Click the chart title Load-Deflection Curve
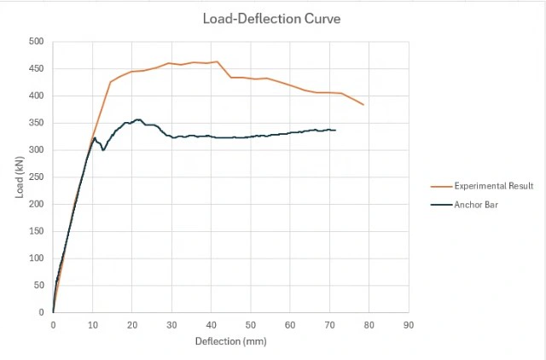pyautogui.click(x=270, y=18)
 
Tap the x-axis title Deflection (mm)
pyautogui.click(x=229, y=341)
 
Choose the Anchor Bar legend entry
pyautogui.click(x=474, y=204)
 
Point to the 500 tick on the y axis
pyautogui.click(x=37, y=41)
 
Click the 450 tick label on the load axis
pyautogui.click(x=37, y=68)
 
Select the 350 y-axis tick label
pyautogui.click(x=37, y=123)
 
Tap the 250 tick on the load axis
pyautogui.click(x=37, y=177)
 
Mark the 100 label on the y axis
pyautogui.click(x=37, y=258)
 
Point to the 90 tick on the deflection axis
pyautogui.click(x=408, y=325)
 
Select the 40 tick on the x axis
pyautogui.click(x=211, y=325)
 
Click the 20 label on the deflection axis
pyautogui.click(x=131, y=325)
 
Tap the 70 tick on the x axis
pyautogui.click(x=329, y=325)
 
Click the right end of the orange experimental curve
pyautogui.click(x=363, y=105)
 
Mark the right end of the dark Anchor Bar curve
pyautogui.click(x=335, y=130)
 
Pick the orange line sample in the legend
pyautogui.click(x=441, y=186)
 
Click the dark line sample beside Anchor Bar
pyautogui.click(x=441, y=204)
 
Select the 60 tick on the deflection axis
pyautogui.click(x=290, y=325)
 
